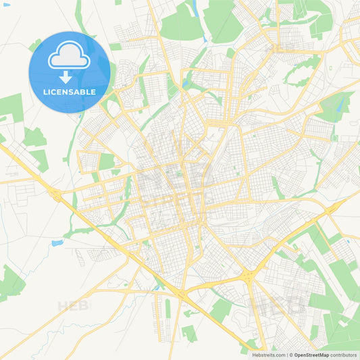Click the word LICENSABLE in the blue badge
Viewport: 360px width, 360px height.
pyautogui.click(x=70, y=91)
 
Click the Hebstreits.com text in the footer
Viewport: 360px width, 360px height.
pyautogui.click(x=269, y=354)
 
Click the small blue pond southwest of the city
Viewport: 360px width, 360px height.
pyautogui.click(x=57, y=242)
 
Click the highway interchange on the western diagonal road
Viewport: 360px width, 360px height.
pyautogui.click(x=56, y=196)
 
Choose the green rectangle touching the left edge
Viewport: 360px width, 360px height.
pyautogui.click(x=9, y=107)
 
